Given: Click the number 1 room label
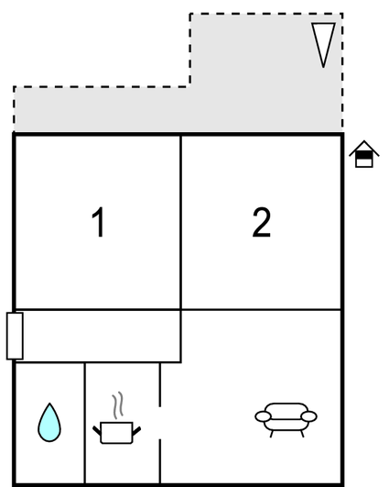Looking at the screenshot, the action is point(99,222).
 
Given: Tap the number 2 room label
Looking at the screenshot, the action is point(262,222).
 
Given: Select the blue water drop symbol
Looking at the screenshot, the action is point(49,423).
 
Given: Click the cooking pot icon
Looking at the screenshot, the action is point(117,432).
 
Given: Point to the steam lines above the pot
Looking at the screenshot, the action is point(118,405).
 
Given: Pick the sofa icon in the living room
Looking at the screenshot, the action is point(286,420).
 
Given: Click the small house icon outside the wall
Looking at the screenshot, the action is point(364,154).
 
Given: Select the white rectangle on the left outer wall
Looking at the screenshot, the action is point(15,336).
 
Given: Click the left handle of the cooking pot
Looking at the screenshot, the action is point(97,430).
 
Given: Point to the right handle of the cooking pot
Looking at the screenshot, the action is point(136,431).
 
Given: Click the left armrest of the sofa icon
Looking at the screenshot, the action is point(264,416).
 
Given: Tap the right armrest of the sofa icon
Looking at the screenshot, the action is point(309,416).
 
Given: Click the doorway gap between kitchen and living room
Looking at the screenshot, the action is point(160,423).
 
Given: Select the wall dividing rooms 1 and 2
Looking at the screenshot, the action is point(180,222).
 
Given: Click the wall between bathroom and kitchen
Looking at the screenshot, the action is point(84,423).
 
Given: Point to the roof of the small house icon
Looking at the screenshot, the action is point(364,148).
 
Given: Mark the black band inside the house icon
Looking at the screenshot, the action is point(364,155).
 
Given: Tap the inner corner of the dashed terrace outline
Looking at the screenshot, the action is point(190,86).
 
